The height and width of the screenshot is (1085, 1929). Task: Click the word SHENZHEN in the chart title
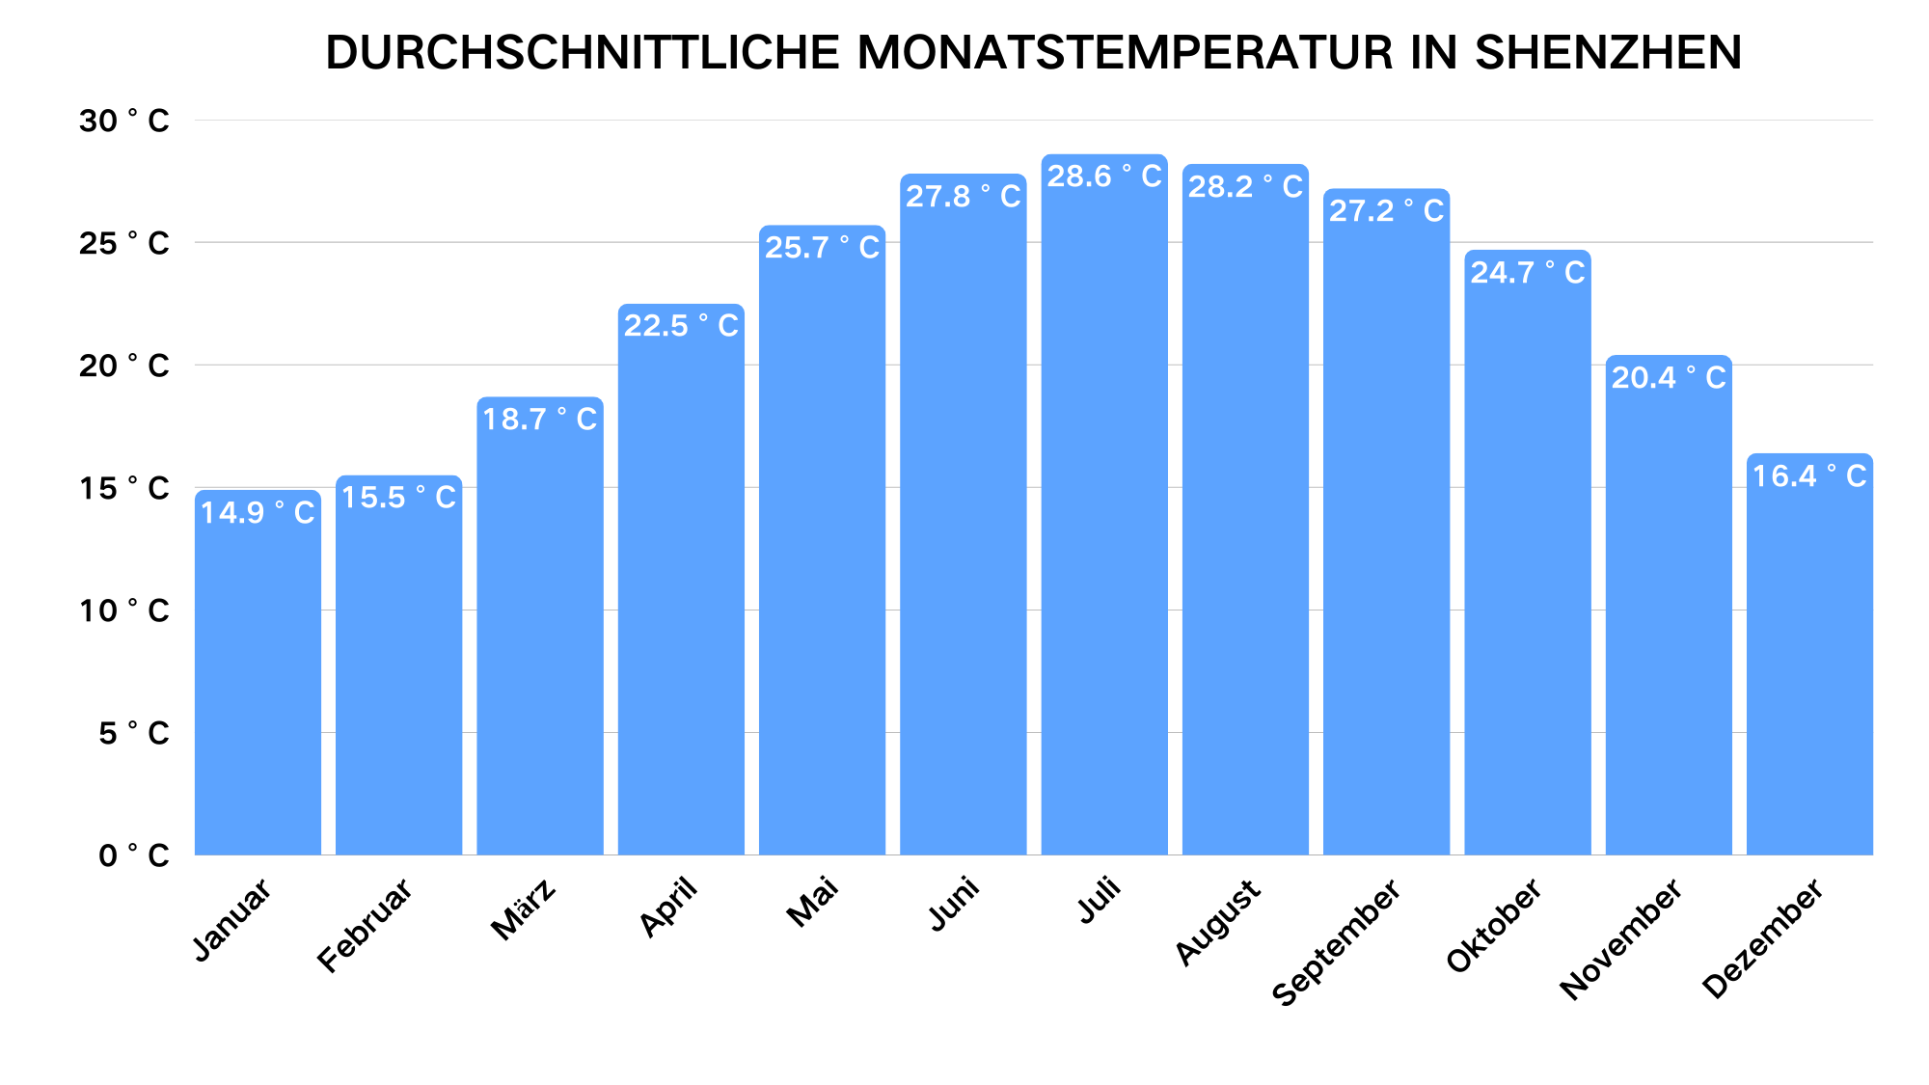coord(1608,52)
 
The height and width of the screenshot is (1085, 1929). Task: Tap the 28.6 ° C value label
coord(1104,176)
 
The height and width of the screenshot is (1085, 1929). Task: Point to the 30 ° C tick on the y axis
coord(124,122)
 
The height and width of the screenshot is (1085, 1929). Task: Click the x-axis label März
coord(523,908)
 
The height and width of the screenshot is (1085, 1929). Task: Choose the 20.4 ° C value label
coord(1669,378)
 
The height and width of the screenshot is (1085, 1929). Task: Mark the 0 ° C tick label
coord(133,855)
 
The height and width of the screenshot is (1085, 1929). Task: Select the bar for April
coord(681,598)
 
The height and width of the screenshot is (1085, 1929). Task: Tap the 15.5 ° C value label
coord(398,498)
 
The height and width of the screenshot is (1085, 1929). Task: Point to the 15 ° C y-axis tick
coord(124,489)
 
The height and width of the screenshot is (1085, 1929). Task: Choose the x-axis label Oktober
coord(1493,925)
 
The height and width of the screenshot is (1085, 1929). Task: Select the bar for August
coord(1245,530)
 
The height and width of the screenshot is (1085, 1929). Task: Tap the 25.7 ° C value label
coord(822,248)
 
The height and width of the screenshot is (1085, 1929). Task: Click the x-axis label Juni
coord(954,903)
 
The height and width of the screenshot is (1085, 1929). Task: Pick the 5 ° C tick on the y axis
coord(133,734)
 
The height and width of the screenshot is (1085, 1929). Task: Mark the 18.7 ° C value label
coord(540,420)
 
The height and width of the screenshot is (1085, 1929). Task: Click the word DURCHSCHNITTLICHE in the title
coord(583,52)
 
